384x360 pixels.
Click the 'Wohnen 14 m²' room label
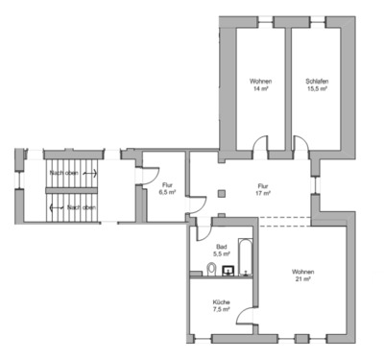click(x=259, y=84)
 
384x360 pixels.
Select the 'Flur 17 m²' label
click(x=263, y=190)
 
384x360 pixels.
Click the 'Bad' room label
click(x=221, y=246)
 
